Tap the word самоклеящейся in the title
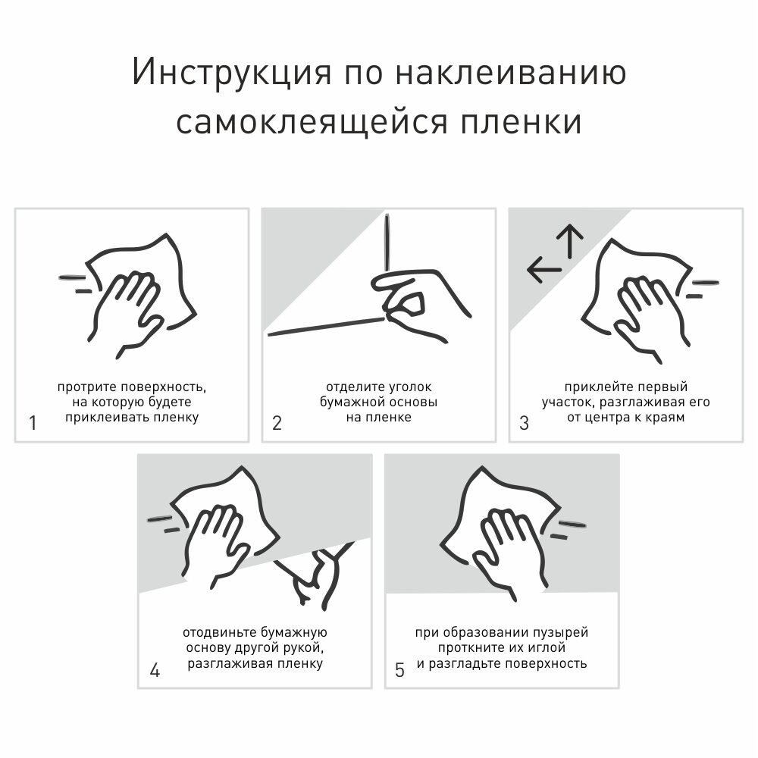pos(312,123)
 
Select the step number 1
pos(33,423)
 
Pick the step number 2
pos(277,423)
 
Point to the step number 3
pos(524,423)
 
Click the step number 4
pos(155,670)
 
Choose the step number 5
pos(399,670)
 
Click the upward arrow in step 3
pos(571,241)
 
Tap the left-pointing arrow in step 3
pos(544,270)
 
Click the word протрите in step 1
pos(87,387)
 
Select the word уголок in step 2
pos(410,387)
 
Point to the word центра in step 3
pos(607,418)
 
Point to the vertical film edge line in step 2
pos(387,243)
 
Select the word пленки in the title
pos(522,123)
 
